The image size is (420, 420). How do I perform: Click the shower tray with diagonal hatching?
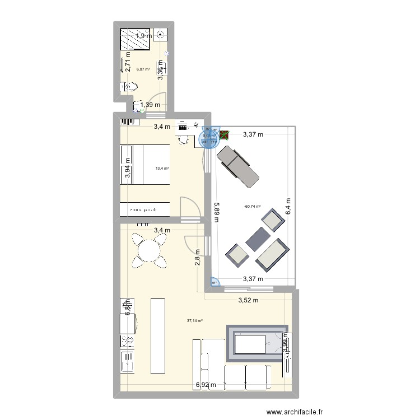tap(135, 39)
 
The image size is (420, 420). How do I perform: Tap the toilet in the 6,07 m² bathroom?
tap(130, 87)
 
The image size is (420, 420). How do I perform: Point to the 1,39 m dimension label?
tap(150, 105)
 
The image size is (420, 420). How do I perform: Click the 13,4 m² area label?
tap(162, 167)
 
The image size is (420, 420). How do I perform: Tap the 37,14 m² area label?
tap(195, 321)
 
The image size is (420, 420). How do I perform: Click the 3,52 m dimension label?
tap(248, 300)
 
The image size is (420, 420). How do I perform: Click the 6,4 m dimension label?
tap(288, 207)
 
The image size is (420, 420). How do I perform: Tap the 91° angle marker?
tap(214, 283)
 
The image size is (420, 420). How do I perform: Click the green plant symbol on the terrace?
tap(225, 134)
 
